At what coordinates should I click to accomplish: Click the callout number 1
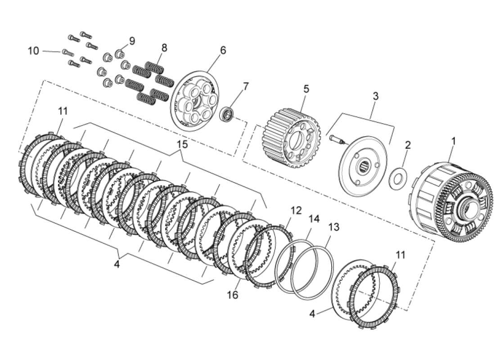(x=454, y=141)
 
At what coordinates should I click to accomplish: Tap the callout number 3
(x=375, y=96)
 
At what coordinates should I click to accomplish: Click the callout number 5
(x=306, y=89)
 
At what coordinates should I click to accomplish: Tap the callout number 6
(x=223, y=50)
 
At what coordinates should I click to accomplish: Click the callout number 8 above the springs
(x=164, y=47)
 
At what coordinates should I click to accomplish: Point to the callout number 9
(x=132, y=40)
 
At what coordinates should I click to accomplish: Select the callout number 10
(x=33, y=51)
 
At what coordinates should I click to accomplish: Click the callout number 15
(x=182, y=144)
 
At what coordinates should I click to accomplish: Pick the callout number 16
(x=232, y=295)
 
